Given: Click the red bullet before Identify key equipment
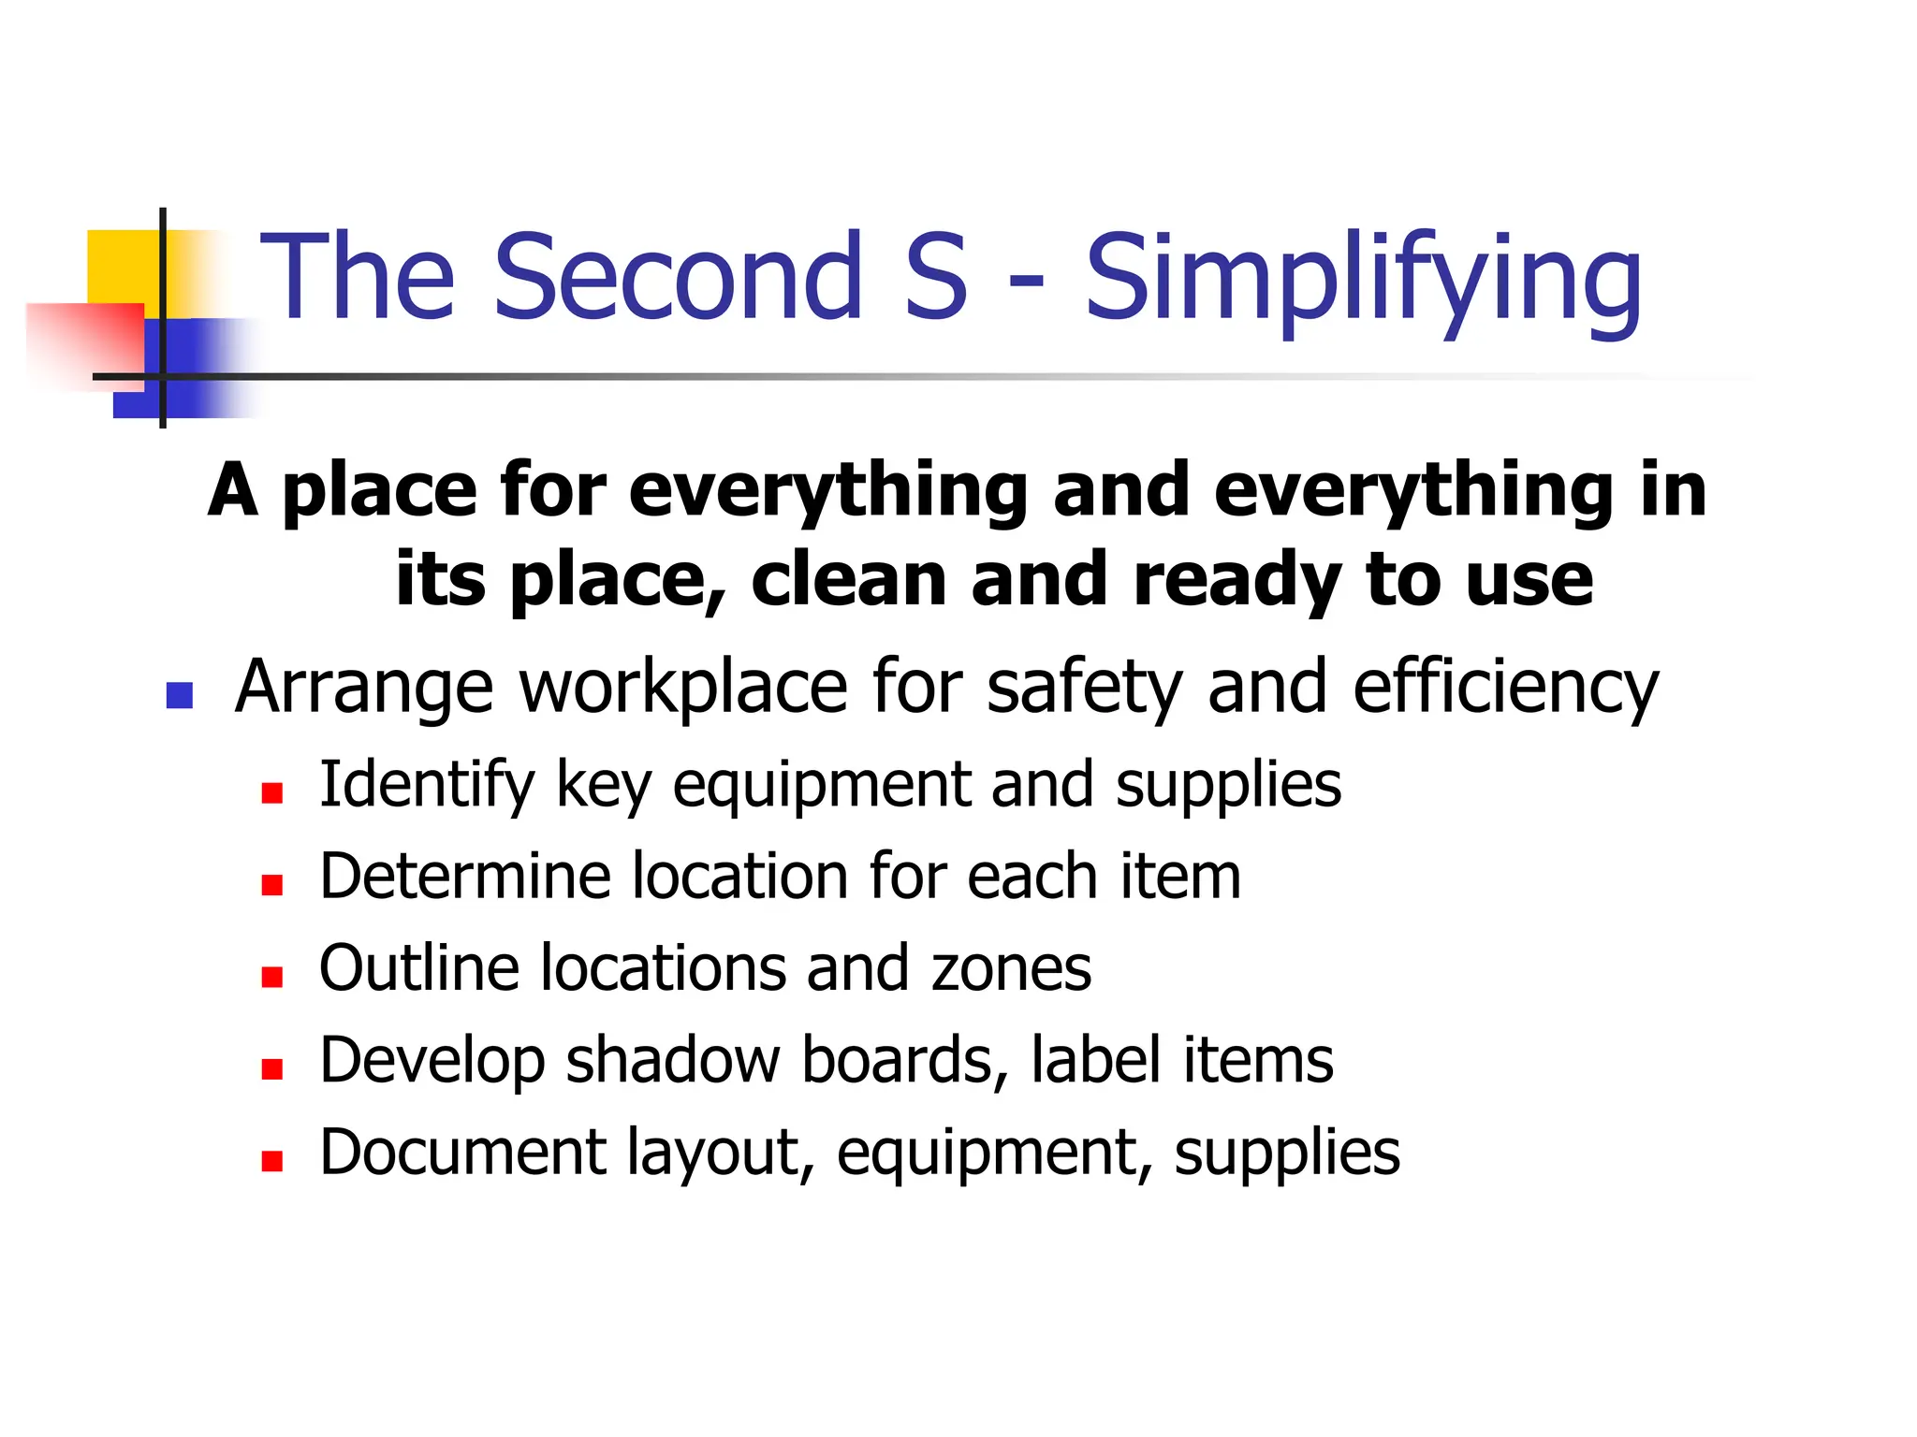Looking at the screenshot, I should coord(271,793).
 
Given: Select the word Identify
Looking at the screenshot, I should coord(426,786).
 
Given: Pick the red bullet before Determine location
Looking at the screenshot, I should coord(271,885).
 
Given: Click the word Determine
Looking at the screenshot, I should coord(465,877).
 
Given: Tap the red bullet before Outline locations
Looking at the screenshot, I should coord(271,977).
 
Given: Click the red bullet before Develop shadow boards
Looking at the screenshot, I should coord(271,1068).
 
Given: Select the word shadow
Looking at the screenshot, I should coord(672,1060).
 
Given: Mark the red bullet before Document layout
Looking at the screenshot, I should coord(271,1161).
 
